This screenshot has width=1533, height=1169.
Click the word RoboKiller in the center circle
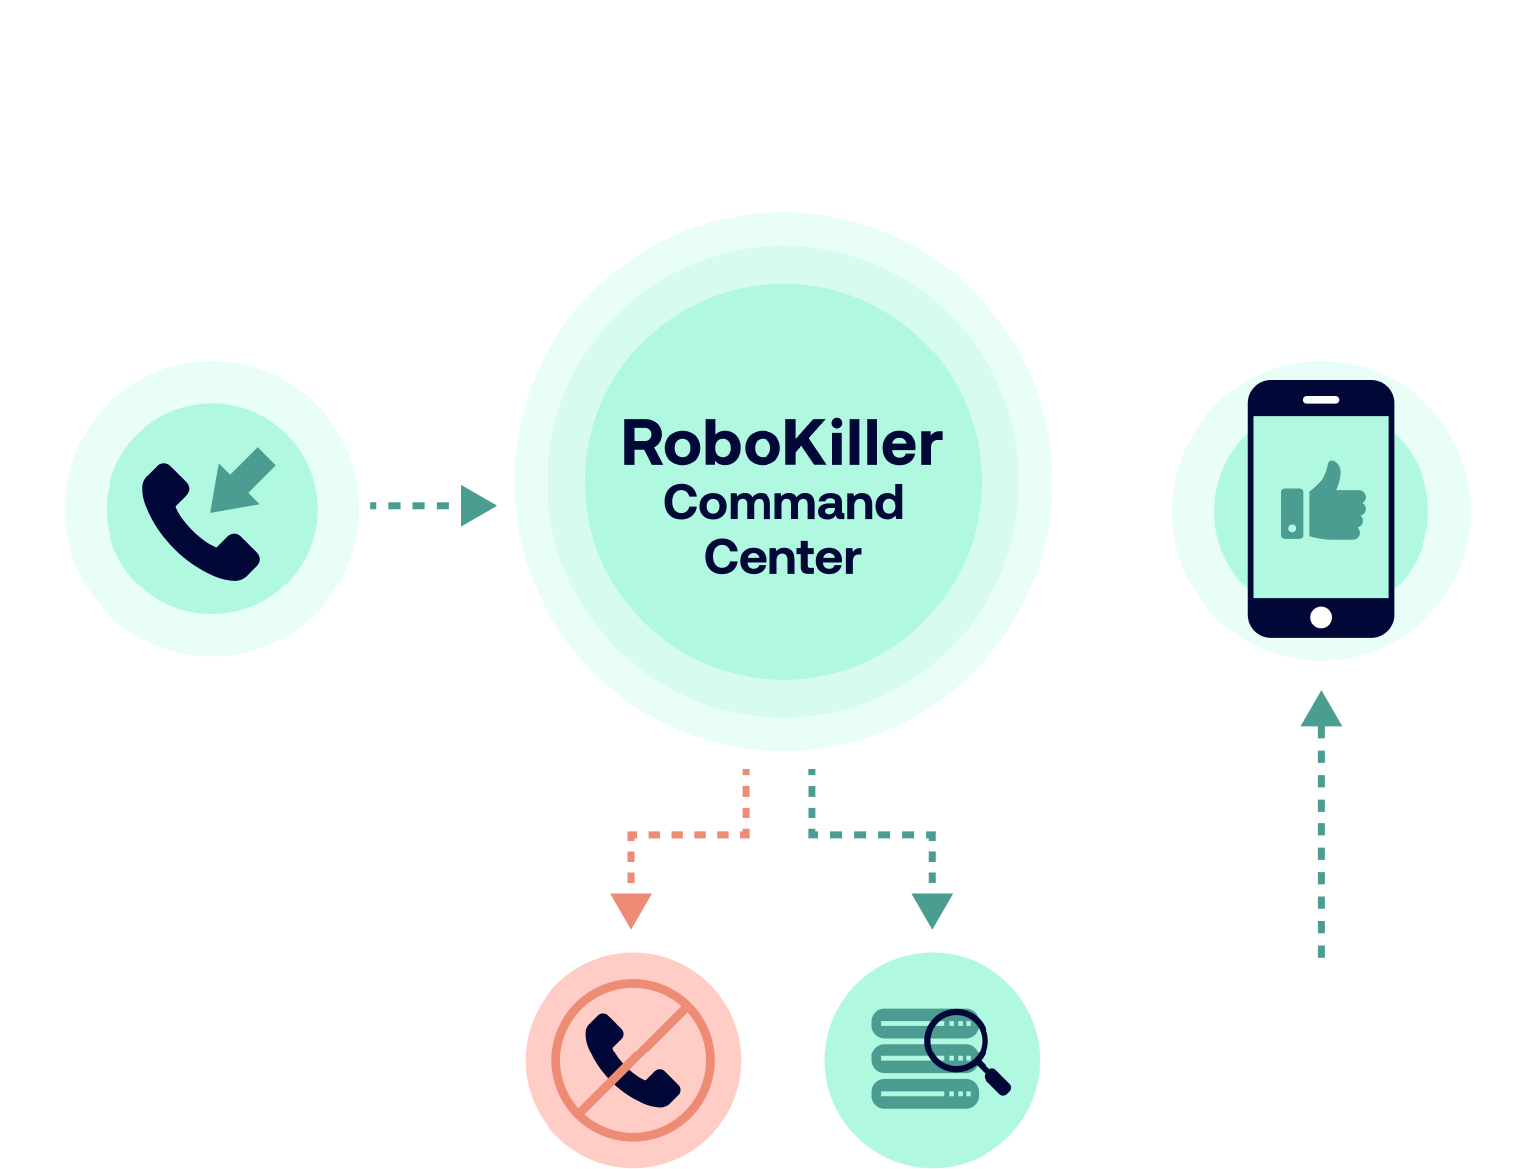[x=782, y=444]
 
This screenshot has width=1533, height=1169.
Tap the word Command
[x=783, y=503]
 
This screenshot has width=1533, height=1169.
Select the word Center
[x=782, y=558]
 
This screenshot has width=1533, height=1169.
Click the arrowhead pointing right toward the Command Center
[x=478, y=506]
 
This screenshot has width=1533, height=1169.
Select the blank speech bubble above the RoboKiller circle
[x=782, y=74]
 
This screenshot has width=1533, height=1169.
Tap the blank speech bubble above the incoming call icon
[x=211, y=244]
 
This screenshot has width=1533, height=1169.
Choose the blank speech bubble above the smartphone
[x=1321, y=243]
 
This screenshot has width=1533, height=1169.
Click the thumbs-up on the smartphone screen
[x=1323, y=503]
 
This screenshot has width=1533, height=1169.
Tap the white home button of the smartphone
[x=1321, y=617]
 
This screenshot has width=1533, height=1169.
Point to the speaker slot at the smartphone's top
[x=1321, y=400]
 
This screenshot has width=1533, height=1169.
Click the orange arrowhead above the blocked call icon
[x=631, y=909]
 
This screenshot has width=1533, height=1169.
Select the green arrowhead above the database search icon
[x=932, y=909]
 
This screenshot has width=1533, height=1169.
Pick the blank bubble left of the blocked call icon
[x=306, y=1060]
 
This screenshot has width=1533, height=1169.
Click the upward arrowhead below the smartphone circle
[x=1321, y=710]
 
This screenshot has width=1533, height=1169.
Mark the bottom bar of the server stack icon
[x=924, y=1094]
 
